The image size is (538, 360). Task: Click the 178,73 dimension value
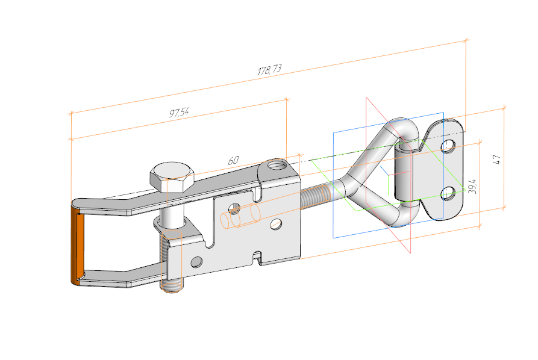pyautogui.click(x=269, y=70)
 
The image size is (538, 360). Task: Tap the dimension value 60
pyautogui.click(x=233, y=161)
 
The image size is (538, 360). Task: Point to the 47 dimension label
pyautogui.click(x=496, y=160)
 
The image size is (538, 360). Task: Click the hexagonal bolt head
pyautogui.click(x=172, y=176)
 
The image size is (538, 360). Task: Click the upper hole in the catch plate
pyautogui.click(x=448, y=146)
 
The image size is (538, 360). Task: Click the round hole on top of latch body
pyautogui.click(x=277, y=164)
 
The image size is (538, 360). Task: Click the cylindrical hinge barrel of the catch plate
pyautogui.click(x=405, y=177)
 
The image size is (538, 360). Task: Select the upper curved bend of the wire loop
pyautogui.click(x=402, y=128)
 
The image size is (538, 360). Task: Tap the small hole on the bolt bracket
pyautogui.click(x=195, y=262)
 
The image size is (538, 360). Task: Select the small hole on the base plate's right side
pyautogui.click(x=276, y=225)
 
